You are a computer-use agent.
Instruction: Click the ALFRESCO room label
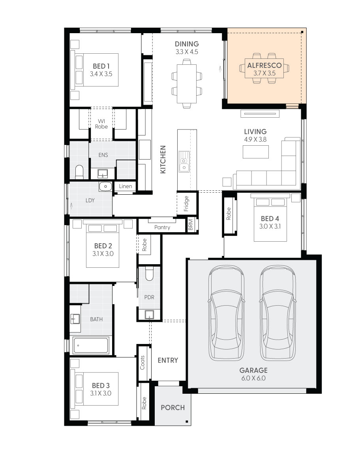click(264, 65)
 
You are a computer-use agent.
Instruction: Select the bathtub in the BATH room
click(91, 346)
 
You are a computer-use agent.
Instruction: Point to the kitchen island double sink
click(184, 162)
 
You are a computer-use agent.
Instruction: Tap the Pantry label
click(162, 227)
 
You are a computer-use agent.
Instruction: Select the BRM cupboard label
click(191, 225)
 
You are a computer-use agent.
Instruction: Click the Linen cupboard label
click(126, 186)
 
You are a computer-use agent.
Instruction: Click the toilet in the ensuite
click(79, 171)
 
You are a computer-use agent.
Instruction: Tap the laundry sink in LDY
click(105, 186)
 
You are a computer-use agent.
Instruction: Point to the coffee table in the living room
click(255, 152)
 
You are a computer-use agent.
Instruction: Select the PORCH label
click(173, 408)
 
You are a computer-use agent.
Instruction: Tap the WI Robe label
click(101, 124)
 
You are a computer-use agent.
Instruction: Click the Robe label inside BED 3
click(144, 402)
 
